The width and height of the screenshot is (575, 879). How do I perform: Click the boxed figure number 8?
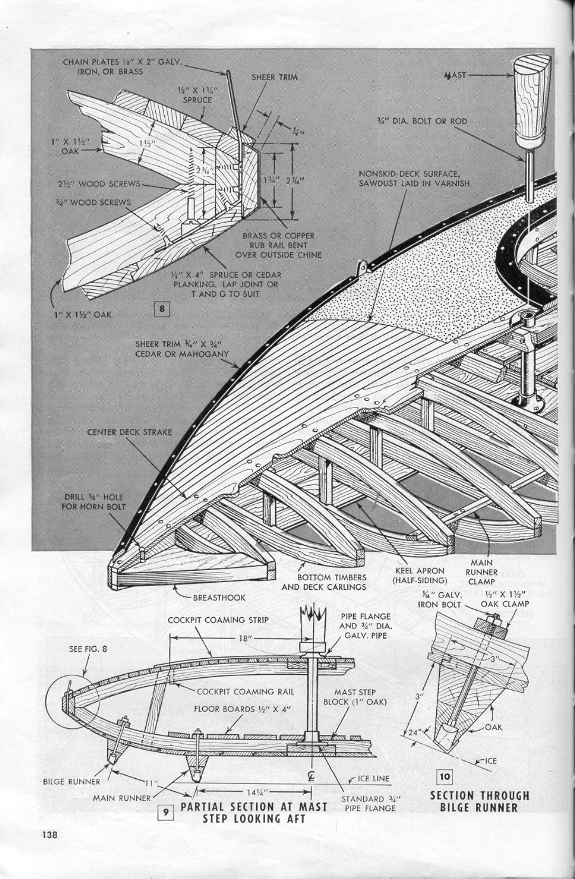[162, 308]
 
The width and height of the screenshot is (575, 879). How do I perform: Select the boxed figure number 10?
[445, 776]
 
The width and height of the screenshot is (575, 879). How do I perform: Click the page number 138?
[50, 835]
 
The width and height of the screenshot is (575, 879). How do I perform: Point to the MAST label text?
[455, 75]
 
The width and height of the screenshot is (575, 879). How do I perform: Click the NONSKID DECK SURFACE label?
[414, 178]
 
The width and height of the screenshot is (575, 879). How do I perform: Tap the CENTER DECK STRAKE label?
[129, 432]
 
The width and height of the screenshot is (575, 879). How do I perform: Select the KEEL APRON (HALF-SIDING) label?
[420, 575]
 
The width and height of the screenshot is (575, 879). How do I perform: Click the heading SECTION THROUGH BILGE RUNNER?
[479, 801]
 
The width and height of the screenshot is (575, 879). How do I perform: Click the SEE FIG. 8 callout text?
[88, 649]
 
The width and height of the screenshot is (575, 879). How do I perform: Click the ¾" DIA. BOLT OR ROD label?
[421, 121]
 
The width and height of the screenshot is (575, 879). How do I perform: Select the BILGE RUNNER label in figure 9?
[72, 781]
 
